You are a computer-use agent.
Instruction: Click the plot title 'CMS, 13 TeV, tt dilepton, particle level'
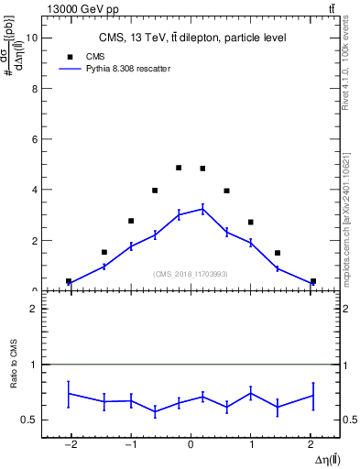192,38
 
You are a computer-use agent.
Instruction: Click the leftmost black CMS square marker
69,281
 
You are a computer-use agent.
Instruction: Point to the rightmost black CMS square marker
312,281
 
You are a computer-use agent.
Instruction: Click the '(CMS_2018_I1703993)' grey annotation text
190,274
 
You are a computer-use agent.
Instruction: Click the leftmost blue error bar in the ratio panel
69,393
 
